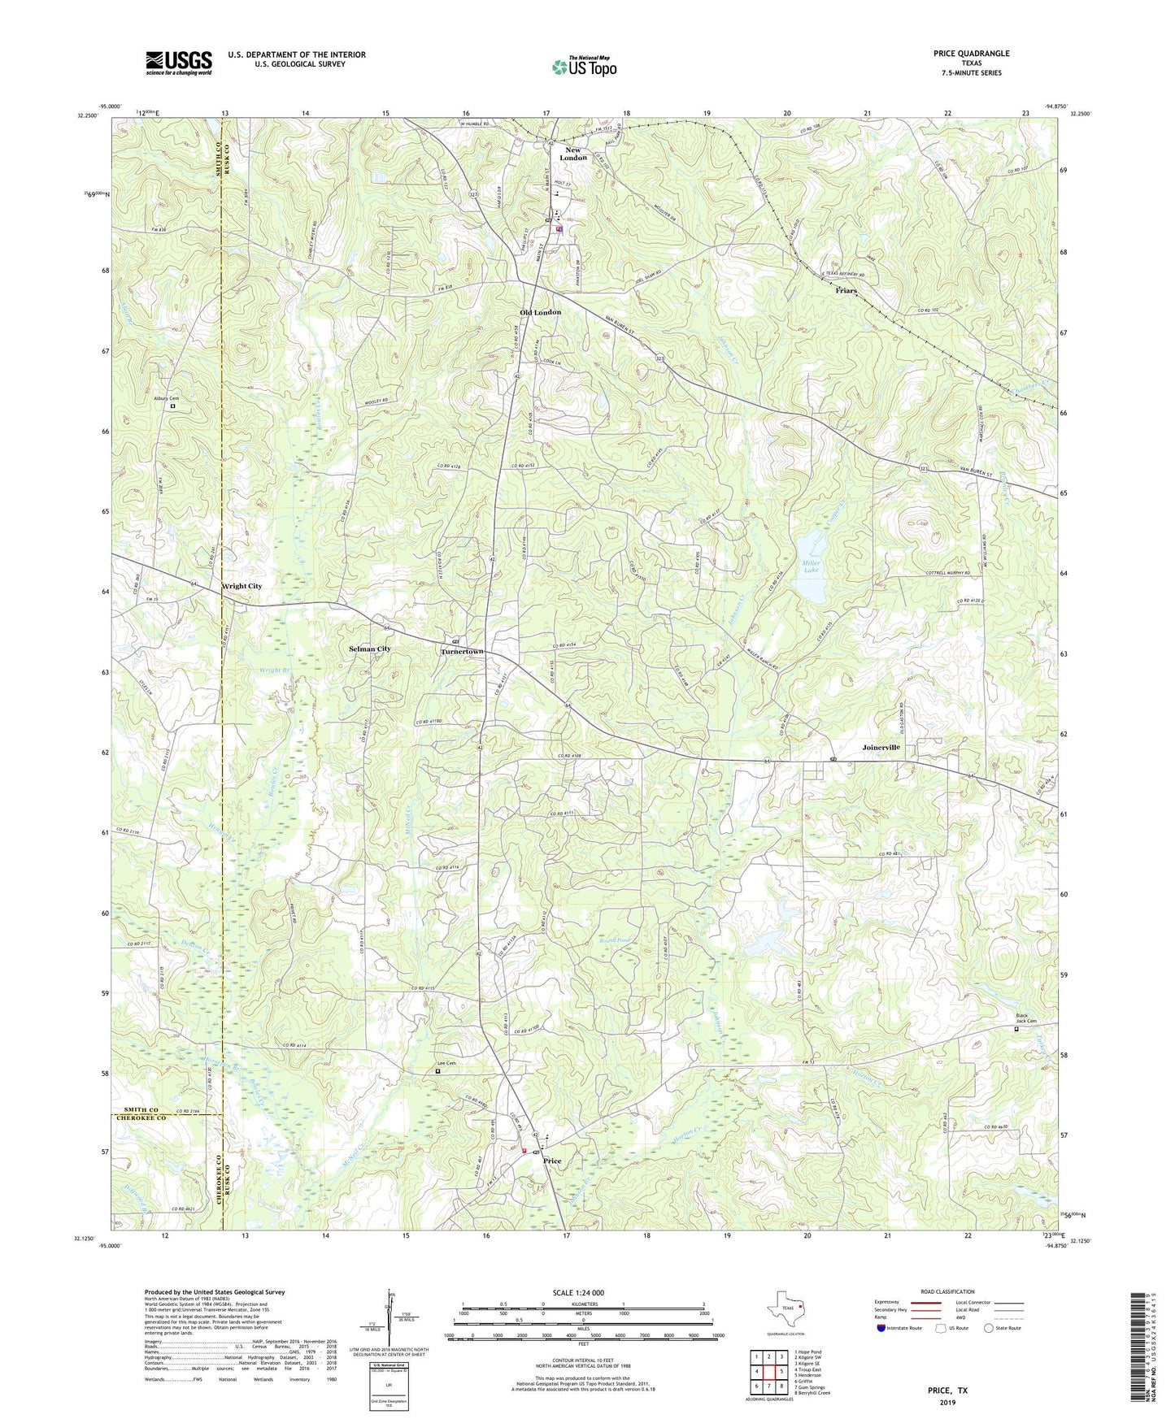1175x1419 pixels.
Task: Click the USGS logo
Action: click(179, 63)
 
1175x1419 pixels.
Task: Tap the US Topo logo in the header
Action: click(583, 66)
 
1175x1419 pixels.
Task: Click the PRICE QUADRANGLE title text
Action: click(971, 54)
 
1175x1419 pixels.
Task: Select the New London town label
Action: click(574, 154)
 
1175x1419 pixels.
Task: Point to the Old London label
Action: click(540, 312)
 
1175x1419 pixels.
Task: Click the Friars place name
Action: click(846, 290)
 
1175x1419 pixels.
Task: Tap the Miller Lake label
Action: click(811, 567)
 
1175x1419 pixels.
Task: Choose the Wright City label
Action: click(242, 586)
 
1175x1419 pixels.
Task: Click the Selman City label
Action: click(369, 649)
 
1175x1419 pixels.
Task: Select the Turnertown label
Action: click(462, 652)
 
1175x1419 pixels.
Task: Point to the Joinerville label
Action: click(881, 746)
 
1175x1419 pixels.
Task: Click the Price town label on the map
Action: click(552, 1161)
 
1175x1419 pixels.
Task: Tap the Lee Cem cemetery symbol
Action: click(437, 1071)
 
